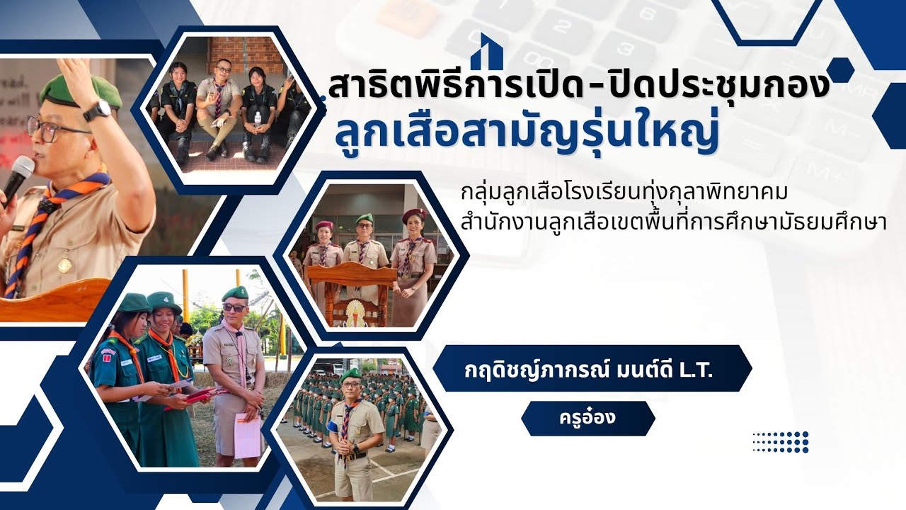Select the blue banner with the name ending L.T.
click(592, 368)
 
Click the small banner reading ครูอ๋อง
click(587, 418)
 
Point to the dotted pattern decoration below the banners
click(780, 441)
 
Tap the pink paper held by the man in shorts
click(248, 435)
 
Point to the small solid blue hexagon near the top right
click(840, 70)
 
